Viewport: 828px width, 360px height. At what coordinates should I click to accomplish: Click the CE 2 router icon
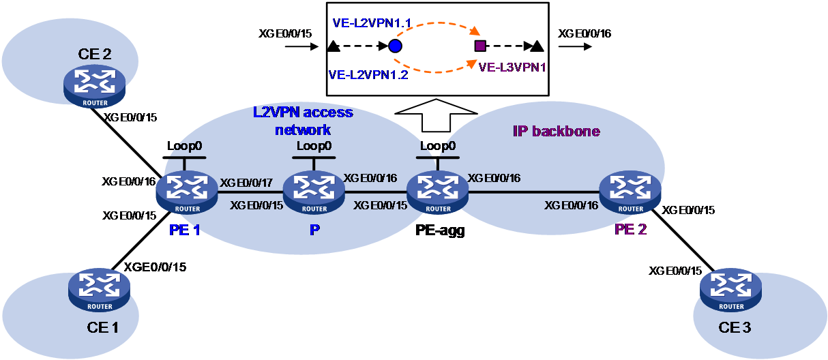pyautogui.click(x=95, y=86)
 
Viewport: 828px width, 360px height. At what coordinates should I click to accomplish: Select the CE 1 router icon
pyautogui.click(x=100, y=290)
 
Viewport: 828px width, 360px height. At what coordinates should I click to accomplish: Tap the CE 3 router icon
pyautogui.click(x=730, y=290)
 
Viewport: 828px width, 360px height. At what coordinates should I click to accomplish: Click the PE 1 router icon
pyautogui.click(x=187, y=192)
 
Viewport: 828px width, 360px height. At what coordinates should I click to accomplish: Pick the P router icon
pyautogui.click(x=314, y=192)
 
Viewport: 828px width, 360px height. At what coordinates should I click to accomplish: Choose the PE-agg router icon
pyautogui.click(x=438, y=192)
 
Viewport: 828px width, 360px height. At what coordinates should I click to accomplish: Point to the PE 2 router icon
pyautogui.click(x=630, y=192)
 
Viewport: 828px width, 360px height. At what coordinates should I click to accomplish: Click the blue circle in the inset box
pyautogui.click(x=395, y=46)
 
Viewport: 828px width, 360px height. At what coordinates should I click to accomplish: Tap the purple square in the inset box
pyautogui.click(x=479, y=46)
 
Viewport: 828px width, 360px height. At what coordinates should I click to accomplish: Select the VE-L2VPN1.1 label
pyautogui.click(x=372, y=23)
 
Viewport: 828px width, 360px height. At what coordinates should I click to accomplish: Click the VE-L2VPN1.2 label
pyautogui.click(x=368, y=75)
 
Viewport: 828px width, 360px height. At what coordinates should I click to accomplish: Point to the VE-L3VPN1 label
pyautogui.click(x=512, y=67)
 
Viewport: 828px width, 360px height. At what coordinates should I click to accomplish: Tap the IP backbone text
pyautogui.click(x=557, y=131)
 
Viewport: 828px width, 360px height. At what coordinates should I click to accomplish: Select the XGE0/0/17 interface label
pyautogui.click(x=246, y=183)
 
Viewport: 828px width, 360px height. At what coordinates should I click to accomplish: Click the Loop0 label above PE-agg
pyautogui.click(x=438, y=146)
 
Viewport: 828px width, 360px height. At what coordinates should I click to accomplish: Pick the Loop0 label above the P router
pyautogui.click(x=314, y=146)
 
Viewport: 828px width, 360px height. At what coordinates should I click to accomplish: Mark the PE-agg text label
pyautogui.click(x=440, y=230)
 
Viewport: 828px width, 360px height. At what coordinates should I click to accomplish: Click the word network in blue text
pyautogui.click(x=303, y=130)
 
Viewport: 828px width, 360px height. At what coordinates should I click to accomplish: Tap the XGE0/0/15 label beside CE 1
pyautogui.click(x=155, y=267)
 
